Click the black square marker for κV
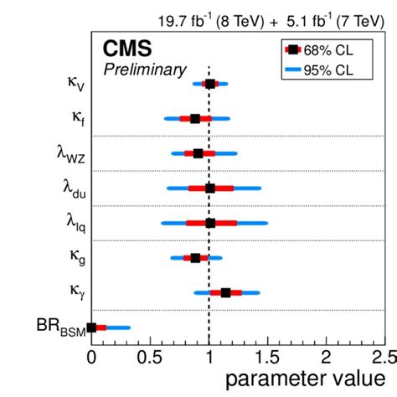tap(209, 84)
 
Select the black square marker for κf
tap(195, 119)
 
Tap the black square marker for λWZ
tap(198, 153)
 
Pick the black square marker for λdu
tap(209, 188)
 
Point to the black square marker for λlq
tap(210, 223)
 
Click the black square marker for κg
tap(195, 258)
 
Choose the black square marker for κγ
tap(225, 292)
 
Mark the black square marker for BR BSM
tap(92, 327)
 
